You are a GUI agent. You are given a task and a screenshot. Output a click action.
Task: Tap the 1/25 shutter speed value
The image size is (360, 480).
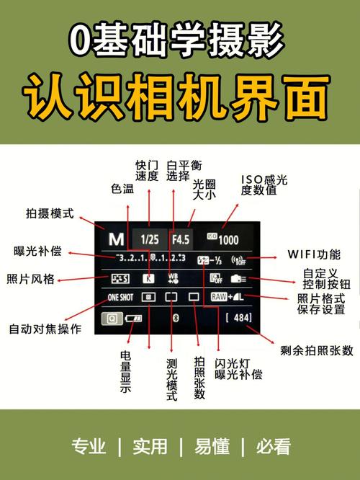[150, 239]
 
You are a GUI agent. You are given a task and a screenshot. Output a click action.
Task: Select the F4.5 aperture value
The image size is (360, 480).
[180, 239]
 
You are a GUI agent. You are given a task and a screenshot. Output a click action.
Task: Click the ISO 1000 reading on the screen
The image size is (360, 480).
[225, 239]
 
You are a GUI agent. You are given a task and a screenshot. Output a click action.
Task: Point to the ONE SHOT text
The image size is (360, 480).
[121, 296]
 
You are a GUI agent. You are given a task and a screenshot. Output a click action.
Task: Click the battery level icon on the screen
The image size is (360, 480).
[134, 318]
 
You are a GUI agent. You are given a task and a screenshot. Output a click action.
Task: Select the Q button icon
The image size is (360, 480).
[112, 318]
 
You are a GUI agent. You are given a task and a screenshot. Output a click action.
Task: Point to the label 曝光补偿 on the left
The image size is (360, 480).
[37, 252]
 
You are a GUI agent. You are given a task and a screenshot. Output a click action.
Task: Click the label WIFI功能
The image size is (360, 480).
[313, 254]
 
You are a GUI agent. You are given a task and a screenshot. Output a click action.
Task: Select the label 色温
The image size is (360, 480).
[122, 189]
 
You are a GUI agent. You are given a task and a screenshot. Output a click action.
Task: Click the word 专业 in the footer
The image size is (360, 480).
[89, 446]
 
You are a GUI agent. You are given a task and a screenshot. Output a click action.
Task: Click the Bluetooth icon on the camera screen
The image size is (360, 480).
[174, 317]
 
